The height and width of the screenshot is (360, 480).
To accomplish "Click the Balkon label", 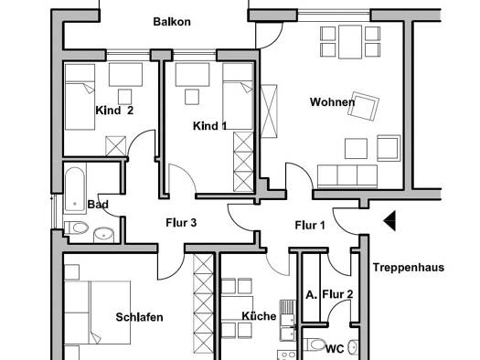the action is point(172,22).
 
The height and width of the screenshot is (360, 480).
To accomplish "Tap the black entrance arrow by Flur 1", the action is point(389,220).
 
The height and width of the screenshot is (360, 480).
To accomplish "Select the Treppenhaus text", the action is point(409,268).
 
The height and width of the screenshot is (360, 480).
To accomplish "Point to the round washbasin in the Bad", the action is point(103,235).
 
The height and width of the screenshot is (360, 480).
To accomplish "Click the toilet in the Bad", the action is point(77,228).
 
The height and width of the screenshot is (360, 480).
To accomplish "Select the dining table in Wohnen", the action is point(350,42).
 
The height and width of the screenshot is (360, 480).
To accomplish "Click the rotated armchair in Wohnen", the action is point(363,106).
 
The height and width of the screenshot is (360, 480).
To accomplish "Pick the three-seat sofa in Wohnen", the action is point(347,176).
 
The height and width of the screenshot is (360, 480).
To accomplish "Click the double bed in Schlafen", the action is point(98,312).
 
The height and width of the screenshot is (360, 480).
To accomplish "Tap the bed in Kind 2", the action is point(80,97).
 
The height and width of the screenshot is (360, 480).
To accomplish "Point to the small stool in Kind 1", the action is point(192,97).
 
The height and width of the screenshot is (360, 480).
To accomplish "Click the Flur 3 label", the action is point(181,223).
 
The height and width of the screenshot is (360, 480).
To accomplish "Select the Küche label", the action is point(259,316).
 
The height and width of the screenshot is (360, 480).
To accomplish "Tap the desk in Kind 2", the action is point(125,75).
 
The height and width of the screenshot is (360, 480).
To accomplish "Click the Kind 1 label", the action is point(210,126).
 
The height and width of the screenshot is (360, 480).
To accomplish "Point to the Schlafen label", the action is point(139,317).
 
